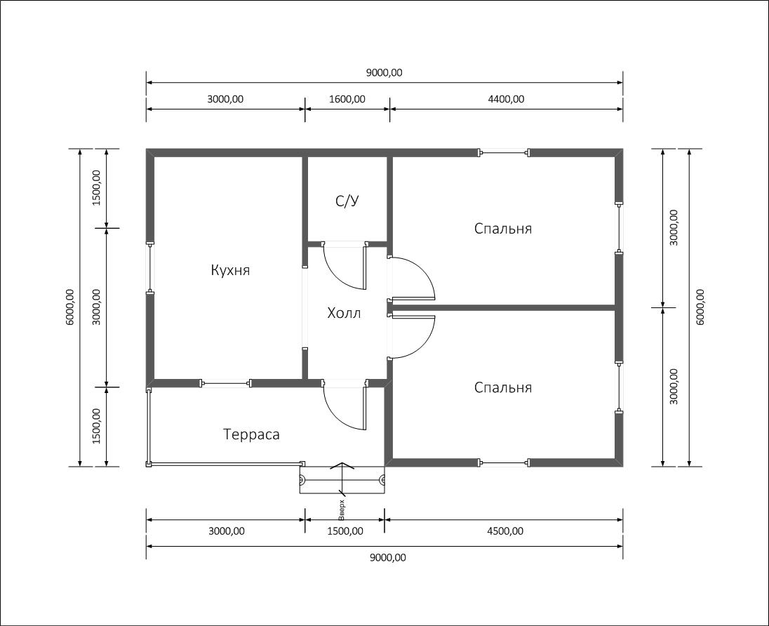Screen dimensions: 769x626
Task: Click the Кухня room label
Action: (x=230, y=270)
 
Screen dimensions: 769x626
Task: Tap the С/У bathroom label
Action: (x=347, y=201)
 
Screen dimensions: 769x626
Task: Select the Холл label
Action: (x=344, y=313)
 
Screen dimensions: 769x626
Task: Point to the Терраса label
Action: (x=252, y=434)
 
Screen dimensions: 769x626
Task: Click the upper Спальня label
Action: (x=502, y=229)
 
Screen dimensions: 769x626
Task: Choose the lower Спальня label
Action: (x=502, y=387)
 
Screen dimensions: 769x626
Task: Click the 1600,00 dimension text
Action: (x=347, y=99)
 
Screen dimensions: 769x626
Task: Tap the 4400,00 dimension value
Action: (x=506, y=99)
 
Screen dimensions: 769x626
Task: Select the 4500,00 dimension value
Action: (x=505, y=531)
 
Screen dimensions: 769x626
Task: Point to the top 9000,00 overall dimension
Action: (x=384, y=72)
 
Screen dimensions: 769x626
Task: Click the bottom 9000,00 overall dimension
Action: (x=388, y=557)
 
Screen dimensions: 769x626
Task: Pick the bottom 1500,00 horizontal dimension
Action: (x=345, y=531)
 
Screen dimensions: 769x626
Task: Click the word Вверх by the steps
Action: (x=342, y=510)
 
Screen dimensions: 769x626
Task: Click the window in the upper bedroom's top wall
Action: (x=504, y=152)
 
